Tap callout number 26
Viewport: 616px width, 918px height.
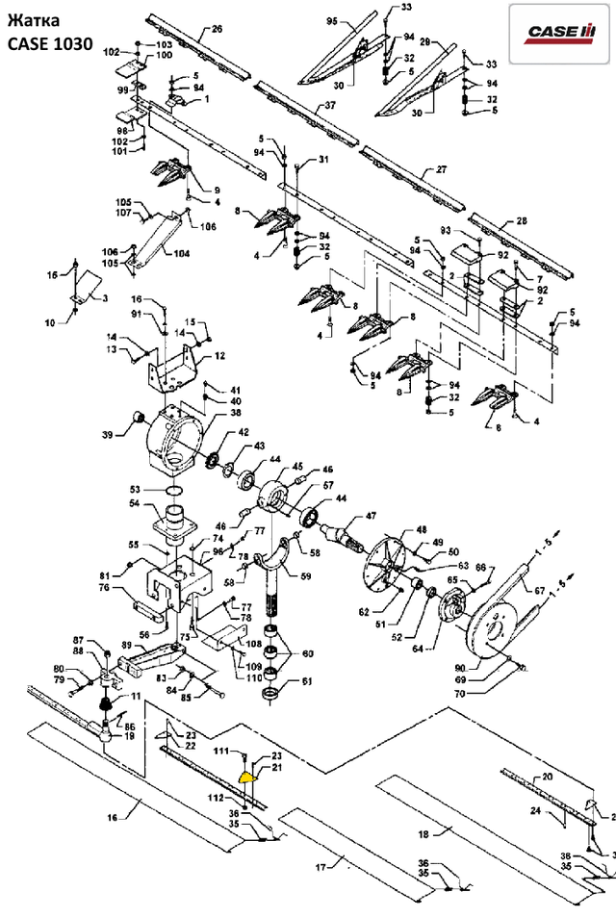click(x=217, y=29)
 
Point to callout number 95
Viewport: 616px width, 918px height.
click(x=332, y=20)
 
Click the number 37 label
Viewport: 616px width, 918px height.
click(x=329, y=105)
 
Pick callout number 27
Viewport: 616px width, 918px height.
click(x=442, y=169)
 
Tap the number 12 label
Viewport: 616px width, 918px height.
click(x=219, y=356)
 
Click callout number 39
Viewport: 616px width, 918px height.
click(x=120, y=434)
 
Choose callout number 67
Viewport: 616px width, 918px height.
click(x=539, y=591)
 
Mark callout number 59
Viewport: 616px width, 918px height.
click(x=306, y=576)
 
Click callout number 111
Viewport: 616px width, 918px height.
click(x=220, y=749)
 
